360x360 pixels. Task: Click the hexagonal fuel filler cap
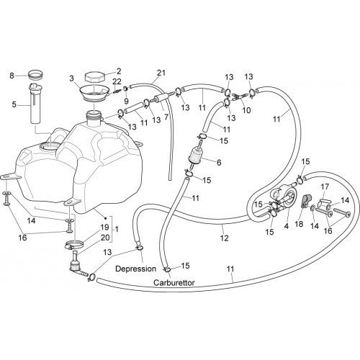pos(95,77)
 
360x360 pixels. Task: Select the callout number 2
pos(119,71)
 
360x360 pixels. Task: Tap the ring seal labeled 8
pos(36,74)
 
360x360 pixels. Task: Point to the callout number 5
pos(14,104)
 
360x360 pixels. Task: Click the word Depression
pos(135,269)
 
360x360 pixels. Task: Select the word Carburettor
pos(174,282)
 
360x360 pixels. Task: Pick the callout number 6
pos(219,163)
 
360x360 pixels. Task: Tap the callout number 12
pos(224,238)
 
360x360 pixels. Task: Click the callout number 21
pos(161,73)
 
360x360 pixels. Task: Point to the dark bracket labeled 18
pos(306,201)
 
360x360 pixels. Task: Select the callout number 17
pos(325,186)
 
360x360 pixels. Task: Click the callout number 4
pos(287,226)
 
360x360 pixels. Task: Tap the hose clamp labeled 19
pos(73,245)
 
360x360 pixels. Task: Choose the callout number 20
pos(105,238)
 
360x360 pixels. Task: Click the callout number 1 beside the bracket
pos(117,229)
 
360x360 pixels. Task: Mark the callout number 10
pos(246,110)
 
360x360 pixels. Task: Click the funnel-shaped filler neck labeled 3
pos(94,93)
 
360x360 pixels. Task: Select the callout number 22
pos(117,81)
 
